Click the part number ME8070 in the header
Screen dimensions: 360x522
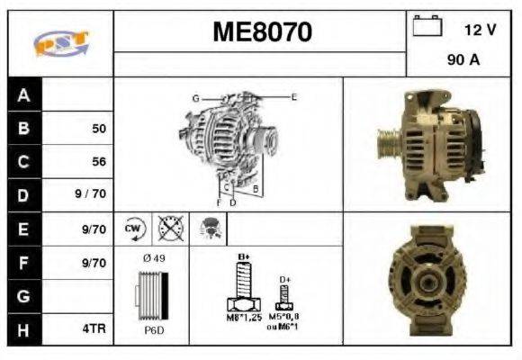[x=262, y=32]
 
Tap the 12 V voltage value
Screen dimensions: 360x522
[x=480, y=30]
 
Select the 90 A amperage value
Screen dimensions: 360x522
[x=463, y=62]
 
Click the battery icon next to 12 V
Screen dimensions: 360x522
[x=426, y=28]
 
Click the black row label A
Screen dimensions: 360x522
[x=23, y=94]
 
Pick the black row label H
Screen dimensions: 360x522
[x=23, y=328]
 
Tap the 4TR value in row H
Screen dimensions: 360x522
[x=94, y=329]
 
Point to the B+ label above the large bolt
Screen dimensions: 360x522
[x=242, y=257]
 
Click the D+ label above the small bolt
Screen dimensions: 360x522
[x=284, y=280]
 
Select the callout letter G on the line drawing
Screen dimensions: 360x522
[x=194, y=97]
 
